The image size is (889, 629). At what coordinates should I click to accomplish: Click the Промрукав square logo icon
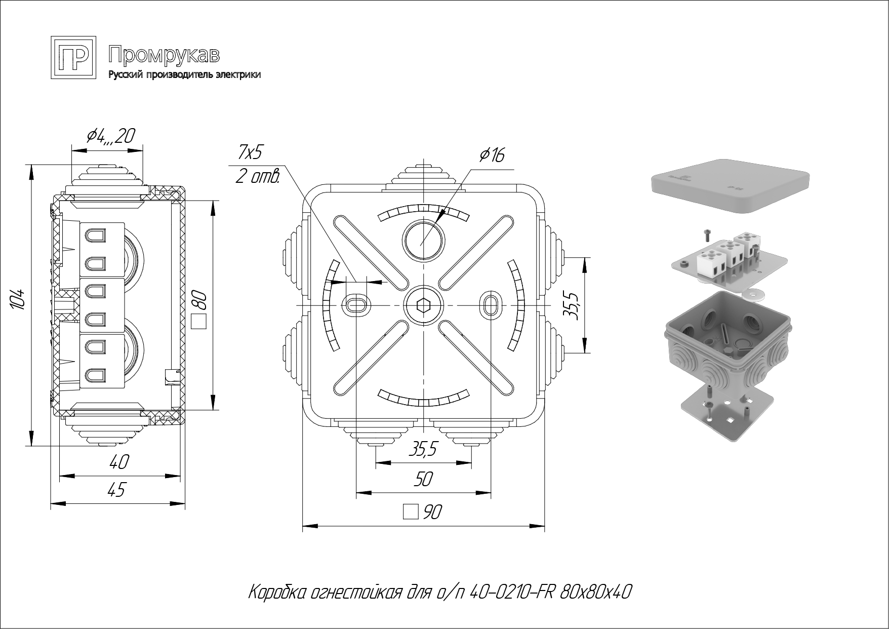(x=73, y=58)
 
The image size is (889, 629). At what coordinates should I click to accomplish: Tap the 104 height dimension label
(x=18, y=300)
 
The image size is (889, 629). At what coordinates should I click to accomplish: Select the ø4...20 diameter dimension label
(x=111, y=136)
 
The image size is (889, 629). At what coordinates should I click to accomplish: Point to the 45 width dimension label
(x=116, y=490)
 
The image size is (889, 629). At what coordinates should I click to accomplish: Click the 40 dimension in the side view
(x=119, y=462)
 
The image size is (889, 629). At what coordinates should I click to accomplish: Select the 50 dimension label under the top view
(x=423, y=479)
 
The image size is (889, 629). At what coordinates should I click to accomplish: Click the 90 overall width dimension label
(x=431, y=513)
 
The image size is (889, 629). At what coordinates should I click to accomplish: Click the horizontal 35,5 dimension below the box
(x=423, y=449)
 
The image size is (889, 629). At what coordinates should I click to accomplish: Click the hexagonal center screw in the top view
(x=423, y=306)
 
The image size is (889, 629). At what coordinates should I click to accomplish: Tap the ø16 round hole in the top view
(x=423, y=240)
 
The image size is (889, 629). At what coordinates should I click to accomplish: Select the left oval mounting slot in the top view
(x=356, y=305)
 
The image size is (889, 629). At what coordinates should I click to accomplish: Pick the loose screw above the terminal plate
(x=707, y=234)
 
